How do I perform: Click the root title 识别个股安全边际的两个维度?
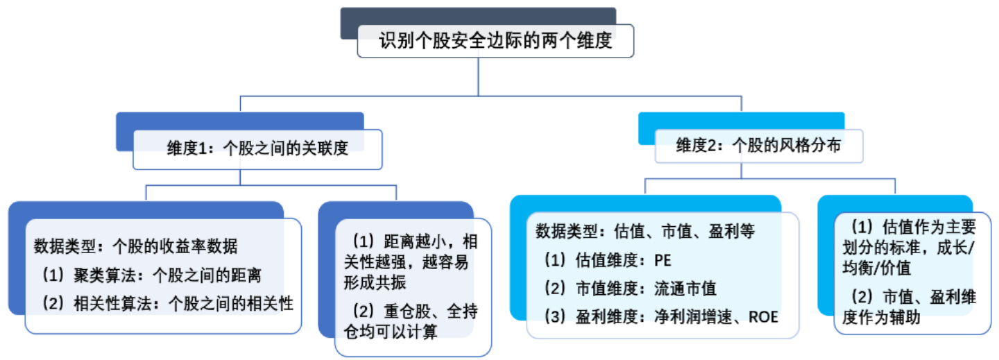[x=495, y=42]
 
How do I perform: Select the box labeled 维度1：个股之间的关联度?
[x=257, y=148]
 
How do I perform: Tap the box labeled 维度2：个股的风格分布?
[x=759, y=146]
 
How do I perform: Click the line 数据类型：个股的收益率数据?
[x=136, y=246]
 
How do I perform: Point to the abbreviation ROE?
[x=764, y=317]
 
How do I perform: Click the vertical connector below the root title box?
[x=478, y=76]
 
